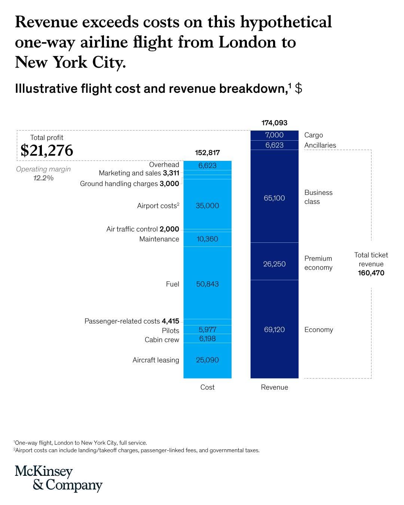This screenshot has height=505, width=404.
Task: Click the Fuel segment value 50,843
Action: (x=207, y=284)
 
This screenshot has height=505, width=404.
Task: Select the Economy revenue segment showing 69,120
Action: (x=274, y=330)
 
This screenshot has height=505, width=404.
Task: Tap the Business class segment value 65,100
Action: (x=274, y=198)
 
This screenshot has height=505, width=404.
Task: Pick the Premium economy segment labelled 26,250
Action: (x=274, y=264)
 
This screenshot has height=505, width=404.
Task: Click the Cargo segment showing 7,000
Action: (x=274, y=135)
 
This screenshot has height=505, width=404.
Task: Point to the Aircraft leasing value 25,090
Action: (x=207, y=360)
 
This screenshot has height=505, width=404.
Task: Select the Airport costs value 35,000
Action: (x=207, y=206)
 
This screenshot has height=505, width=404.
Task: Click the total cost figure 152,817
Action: (x=207, y=153)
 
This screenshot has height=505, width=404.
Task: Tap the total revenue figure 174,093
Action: (x=274, y=123)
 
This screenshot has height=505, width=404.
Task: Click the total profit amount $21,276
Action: (x=47, y=150)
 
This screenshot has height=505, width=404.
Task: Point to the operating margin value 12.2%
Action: (x=43, y=178)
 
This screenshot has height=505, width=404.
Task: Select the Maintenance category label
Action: (x=159, y=239)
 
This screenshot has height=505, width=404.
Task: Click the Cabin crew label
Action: (x=162, y=340)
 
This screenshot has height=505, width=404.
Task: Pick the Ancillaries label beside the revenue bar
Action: (x=320, y=145)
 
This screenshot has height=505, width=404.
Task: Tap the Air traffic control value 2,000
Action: (x=169, y=229)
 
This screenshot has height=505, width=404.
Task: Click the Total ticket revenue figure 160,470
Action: (x=371, y=273)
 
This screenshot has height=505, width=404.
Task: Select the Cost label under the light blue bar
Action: (x=207, y=387)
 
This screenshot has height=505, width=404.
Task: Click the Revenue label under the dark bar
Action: (x=274, y=387)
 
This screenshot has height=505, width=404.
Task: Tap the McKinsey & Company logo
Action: (x=58, y=478)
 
